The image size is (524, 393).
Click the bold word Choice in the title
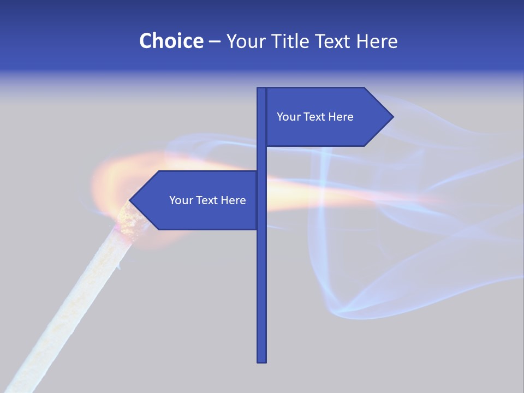[x=171, y=41]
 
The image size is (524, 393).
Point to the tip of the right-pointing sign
[x=392, y=116]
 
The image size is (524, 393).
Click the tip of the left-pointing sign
[x=130, y=200]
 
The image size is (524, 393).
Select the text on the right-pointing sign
[x=315, y=117]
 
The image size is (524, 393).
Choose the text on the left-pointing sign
[x=207, y=200]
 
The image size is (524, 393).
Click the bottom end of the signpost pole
[x=262, y=360]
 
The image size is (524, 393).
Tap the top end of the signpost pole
[x=262, y=89]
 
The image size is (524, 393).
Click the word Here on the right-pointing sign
[x=340, y=117]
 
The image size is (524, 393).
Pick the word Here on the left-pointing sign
[x=233, y=200]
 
